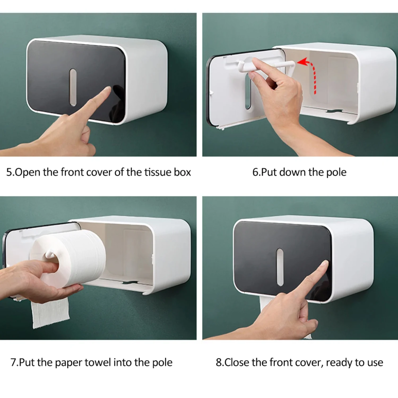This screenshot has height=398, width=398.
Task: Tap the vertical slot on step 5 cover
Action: pyautogui.click(x=73, y=87)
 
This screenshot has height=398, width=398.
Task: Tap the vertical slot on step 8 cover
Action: pyautogui.click(x=280, y=267)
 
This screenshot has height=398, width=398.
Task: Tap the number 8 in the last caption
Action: pyautogui.click(x=219, y=362)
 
